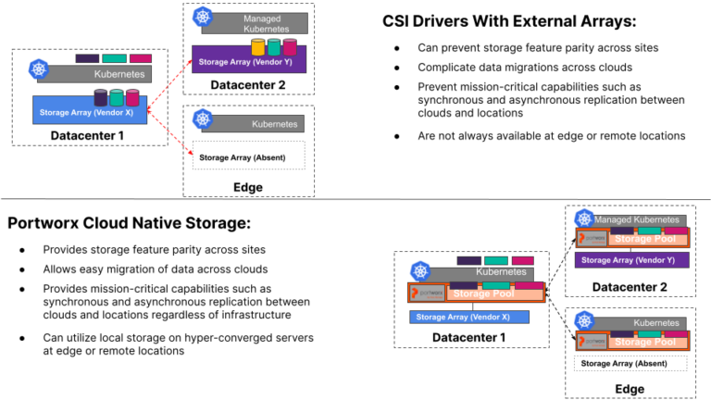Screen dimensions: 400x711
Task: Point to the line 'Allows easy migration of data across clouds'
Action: pyautogui.click(x=156, y=269)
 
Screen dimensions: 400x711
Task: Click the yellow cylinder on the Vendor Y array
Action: pyautogui.click(x=258, y=46)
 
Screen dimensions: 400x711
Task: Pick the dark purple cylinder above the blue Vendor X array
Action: pyautogui.click(x=101, y=97)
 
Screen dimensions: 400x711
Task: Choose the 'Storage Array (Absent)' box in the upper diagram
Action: pyautogui.click(x=248, y=156)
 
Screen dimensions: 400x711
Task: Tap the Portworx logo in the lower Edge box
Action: pyautogui.click(x=589, y=340)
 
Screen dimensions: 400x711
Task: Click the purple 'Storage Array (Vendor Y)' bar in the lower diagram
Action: pyautogui.click(x=630, y=260)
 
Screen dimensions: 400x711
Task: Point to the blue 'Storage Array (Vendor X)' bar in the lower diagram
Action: pyautogui.click(x=468, y=318)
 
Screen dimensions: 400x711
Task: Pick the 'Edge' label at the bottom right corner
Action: pyautogui.click(x=630, y=389)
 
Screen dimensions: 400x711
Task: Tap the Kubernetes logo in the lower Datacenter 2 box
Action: pyautogui.click(x=584, y=219)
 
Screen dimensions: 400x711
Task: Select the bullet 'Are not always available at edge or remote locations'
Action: pyautogui.click(x=551, y=135)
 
